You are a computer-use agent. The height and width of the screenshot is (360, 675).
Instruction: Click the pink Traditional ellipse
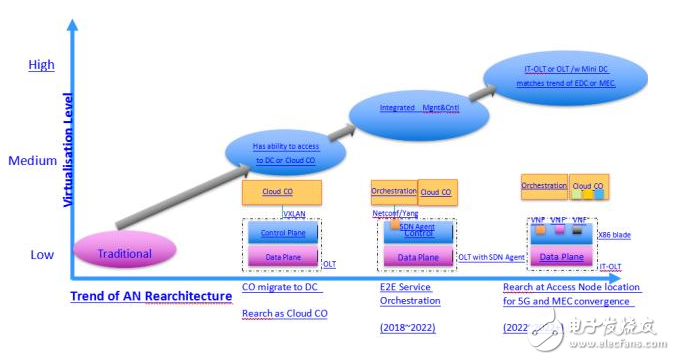point(124,254)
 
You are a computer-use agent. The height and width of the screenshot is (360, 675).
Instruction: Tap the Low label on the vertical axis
point(42,255)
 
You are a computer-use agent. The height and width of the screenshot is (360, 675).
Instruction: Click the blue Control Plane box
point(282,233)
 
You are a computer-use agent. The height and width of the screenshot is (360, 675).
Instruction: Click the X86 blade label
point(629,233)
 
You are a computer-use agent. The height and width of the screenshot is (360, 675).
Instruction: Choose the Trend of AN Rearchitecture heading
point(145,296)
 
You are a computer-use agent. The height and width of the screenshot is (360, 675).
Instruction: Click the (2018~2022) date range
point(406,327)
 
